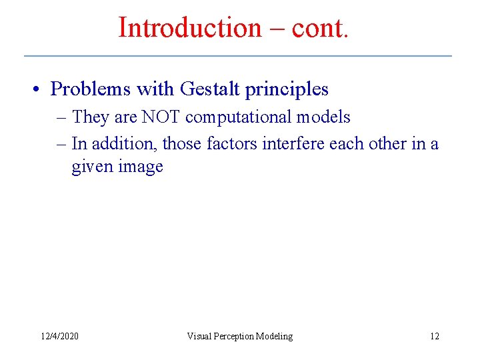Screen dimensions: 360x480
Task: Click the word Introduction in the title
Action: [x=190, y=27]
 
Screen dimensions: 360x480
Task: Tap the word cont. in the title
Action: [x=319, y=27]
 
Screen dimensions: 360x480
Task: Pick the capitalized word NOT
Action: [x=161, y=117]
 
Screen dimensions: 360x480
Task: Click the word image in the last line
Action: [x=141, y=167]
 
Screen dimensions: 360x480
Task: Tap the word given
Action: [x=93, y=167]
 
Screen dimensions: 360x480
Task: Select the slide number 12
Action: [x=434, y=336]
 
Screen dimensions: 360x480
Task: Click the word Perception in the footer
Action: [x=237, y=336]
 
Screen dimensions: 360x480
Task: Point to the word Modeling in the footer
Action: [x=275, y=336]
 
